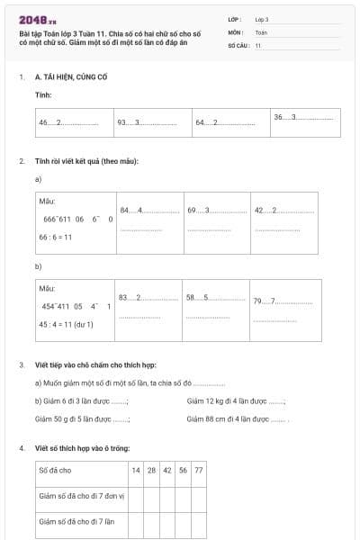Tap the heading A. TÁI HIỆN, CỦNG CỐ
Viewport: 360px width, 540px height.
click(74, 78)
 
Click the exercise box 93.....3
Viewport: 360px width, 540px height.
click(152, 122)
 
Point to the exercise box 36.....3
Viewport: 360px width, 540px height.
click(305, 118)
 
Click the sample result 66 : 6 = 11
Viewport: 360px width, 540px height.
click(56, 237)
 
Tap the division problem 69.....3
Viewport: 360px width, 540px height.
click(217, 211)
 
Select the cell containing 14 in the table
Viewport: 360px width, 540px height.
click(136, 470)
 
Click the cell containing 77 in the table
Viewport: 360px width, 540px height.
click(198, 470)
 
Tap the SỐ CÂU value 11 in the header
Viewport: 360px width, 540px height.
click(258, 44)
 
